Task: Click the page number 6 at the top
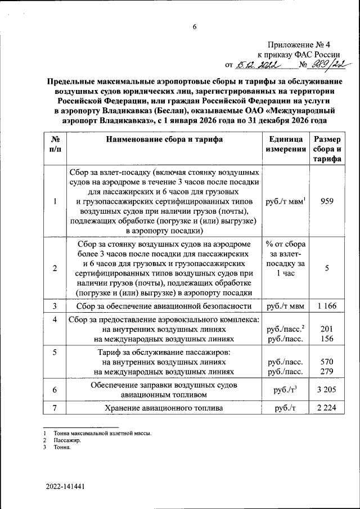(195, 27)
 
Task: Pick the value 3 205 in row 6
(327, 390)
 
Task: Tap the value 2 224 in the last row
(327, 408)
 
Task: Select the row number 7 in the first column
(55, 408)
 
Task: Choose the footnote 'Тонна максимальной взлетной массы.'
(102, 433)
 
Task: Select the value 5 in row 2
(327, 268)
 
